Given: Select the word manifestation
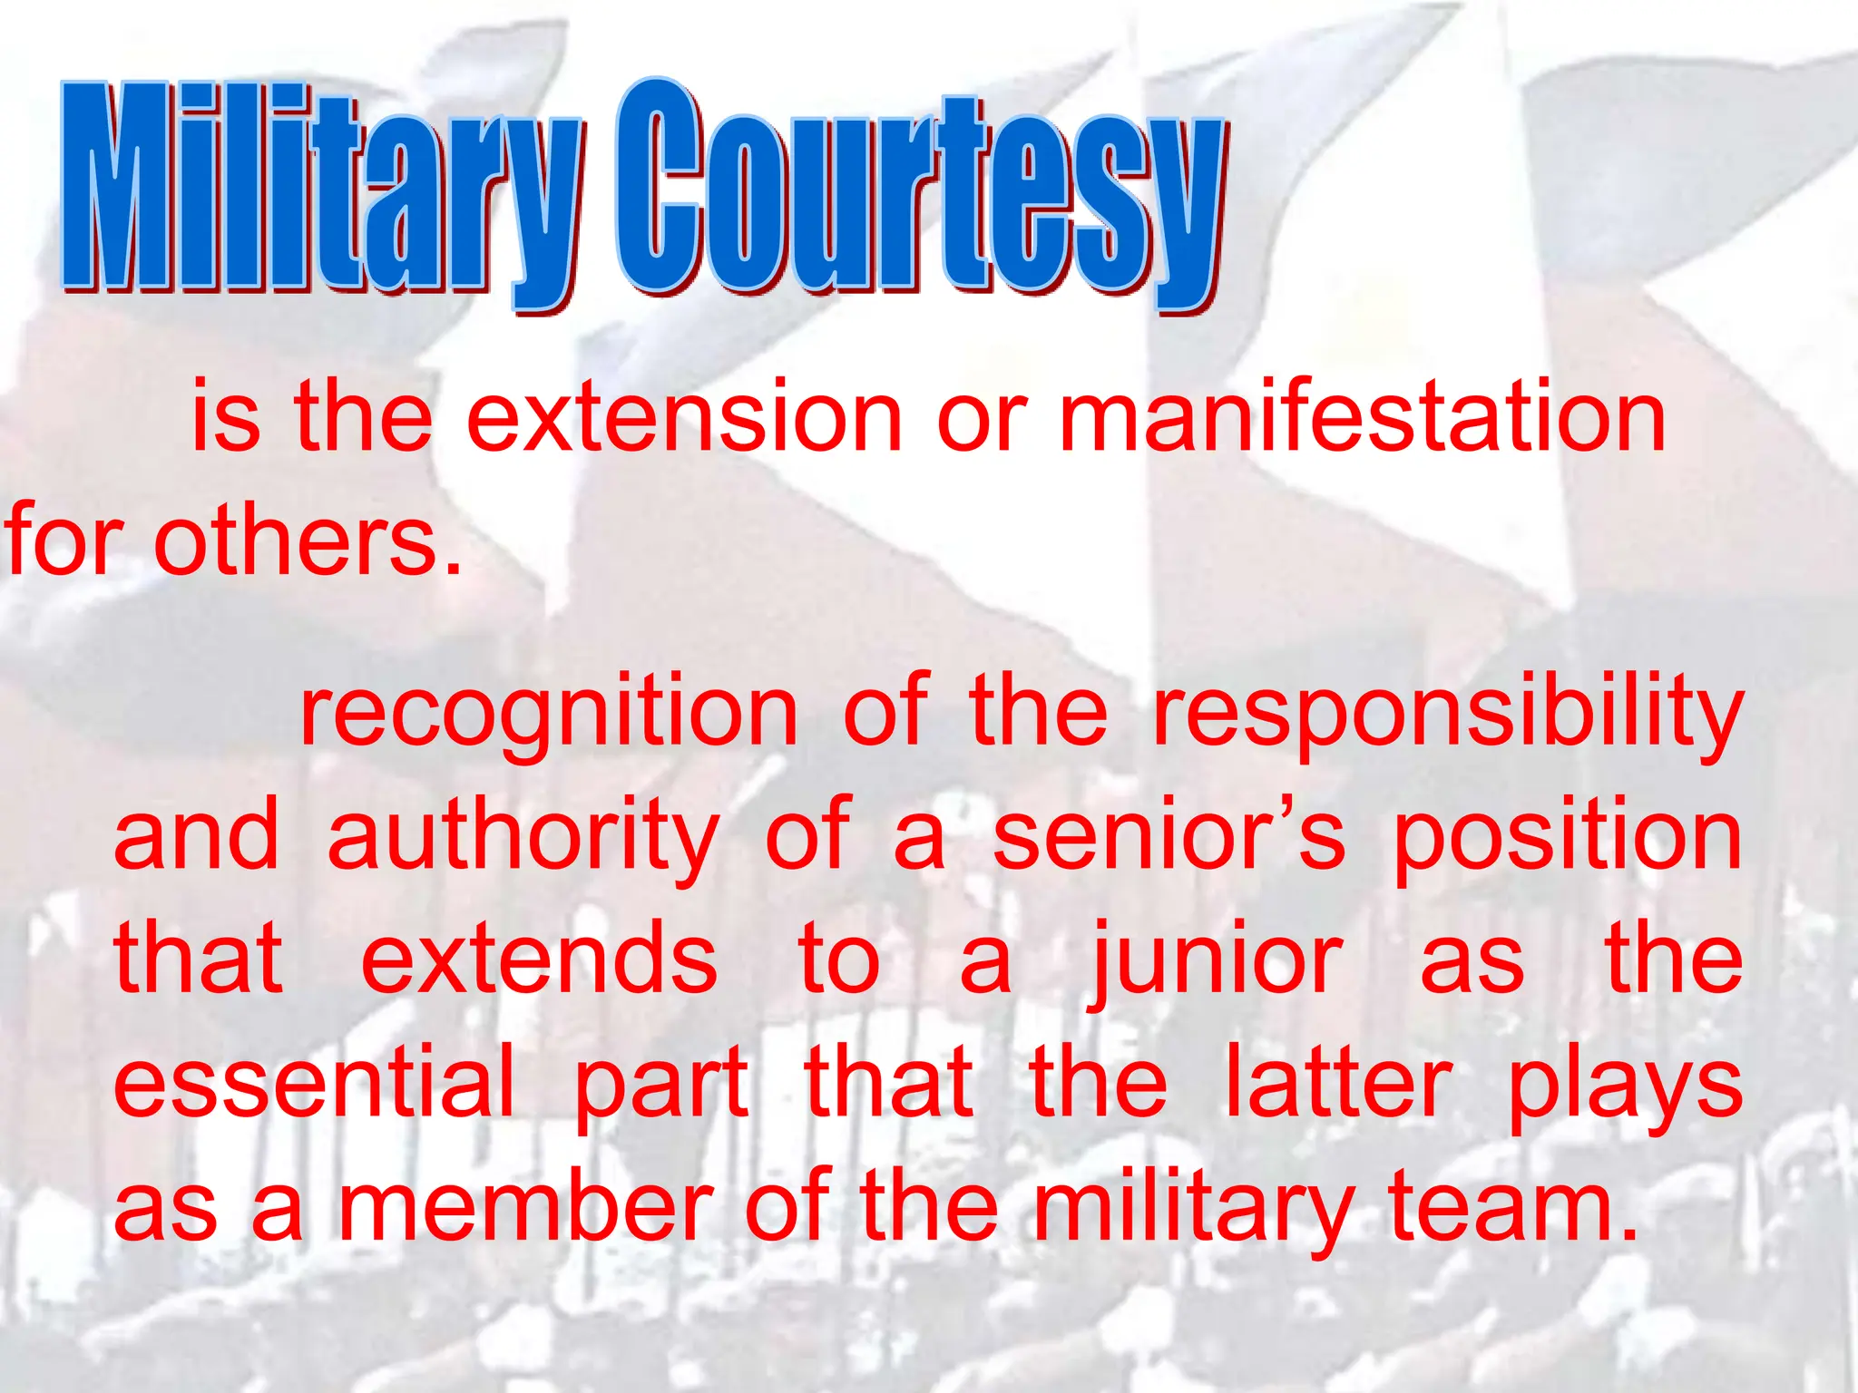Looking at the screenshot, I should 1362,416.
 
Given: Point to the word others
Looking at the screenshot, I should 308,541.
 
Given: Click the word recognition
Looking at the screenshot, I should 548,713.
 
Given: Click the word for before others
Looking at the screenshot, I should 64,541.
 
